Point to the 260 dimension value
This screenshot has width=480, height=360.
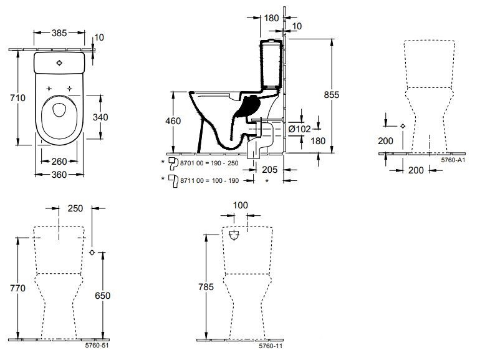point(59,162)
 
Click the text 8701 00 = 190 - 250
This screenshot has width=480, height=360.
point(209,163)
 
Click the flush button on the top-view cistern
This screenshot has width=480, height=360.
point(60,63)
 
